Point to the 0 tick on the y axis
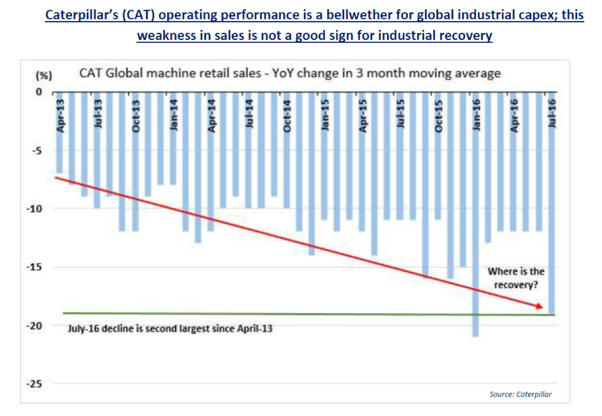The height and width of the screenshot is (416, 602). (39, 92)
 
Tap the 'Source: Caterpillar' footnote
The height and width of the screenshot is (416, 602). (521, 394)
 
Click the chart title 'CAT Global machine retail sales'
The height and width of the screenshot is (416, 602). (290, 73)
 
